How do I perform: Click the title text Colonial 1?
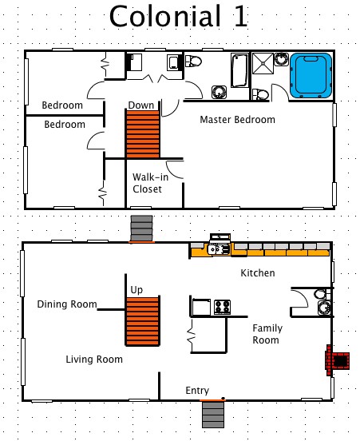coord(178,16)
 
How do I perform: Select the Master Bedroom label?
coord(237,120)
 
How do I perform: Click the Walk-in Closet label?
coord(147,183)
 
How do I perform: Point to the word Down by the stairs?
coord(141,105)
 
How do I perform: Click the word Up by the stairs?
coord(136,289)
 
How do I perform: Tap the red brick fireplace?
coord(335,360)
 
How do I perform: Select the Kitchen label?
coord(258,273)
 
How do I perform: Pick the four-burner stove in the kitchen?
coord(222,306)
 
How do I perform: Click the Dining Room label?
coord(67,304)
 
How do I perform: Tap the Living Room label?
coord(94,360)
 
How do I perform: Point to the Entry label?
coord(197,391)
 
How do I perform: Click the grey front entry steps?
coord(212,413)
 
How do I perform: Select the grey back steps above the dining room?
coord(141,228)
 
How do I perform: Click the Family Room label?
coord(266,334)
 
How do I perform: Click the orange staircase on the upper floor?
coord(143,134)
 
